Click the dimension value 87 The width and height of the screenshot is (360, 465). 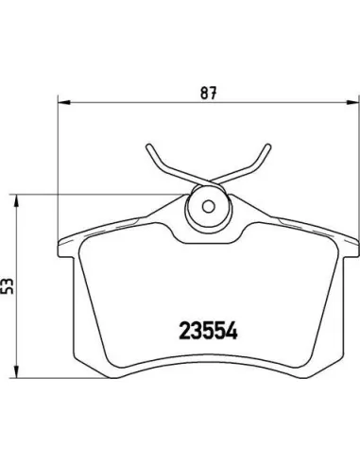(209, 93)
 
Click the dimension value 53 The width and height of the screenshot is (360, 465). (8, 286)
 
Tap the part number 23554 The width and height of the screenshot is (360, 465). (208, 331)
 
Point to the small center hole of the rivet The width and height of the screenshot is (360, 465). (208, 206)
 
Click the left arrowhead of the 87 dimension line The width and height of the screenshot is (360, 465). (64, 102)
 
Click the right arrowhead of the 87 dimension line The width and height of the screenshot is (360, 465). (352, 102)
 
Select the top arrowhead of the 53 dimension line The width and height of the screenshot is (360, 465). (15, 201)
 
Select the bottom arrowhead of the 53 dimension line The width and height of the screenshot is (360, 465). (15, 371)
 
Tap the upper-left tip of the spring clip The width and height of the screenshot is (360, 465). (148, 146)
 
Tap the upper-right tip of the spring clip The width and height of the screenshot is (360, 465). (268, 146)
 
